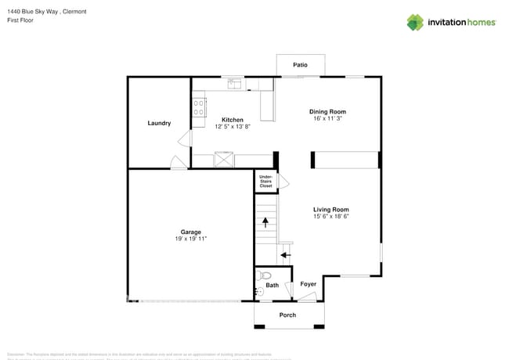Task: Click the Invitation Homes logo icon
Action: point(415,22)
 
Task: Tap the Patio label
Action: point(300,65)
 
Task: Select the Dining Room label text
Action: point(327,112)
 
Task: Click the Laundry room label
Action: point(159,123)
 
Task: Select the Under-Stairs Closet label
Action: point(265,182)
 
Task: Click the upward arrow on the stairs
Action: point(265,223)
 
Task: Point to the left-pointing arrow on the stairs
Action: point(286,254)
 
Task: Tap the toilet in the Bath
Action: point(265,275)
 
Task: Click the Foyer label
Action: point(309,284)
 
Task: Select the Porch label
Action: point(288,315)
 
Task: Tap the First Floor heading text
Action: point(21,21)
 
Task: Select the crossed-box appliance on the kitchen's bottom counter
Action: point(224,160)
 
